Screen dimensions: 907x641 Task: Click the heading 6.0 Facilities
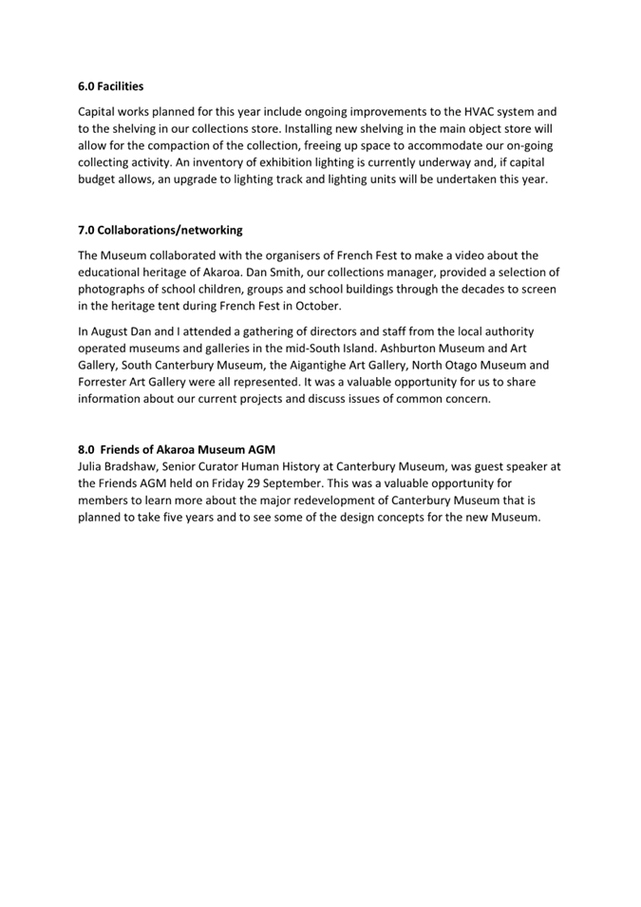pyautogui.click(x=110, y=86)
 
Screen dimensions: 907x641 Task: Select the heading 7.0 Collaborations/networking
pyautogui.click(x=160, y=230)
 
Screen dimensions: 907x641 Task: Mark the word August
pyautogui.click(x=113, y=331)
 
